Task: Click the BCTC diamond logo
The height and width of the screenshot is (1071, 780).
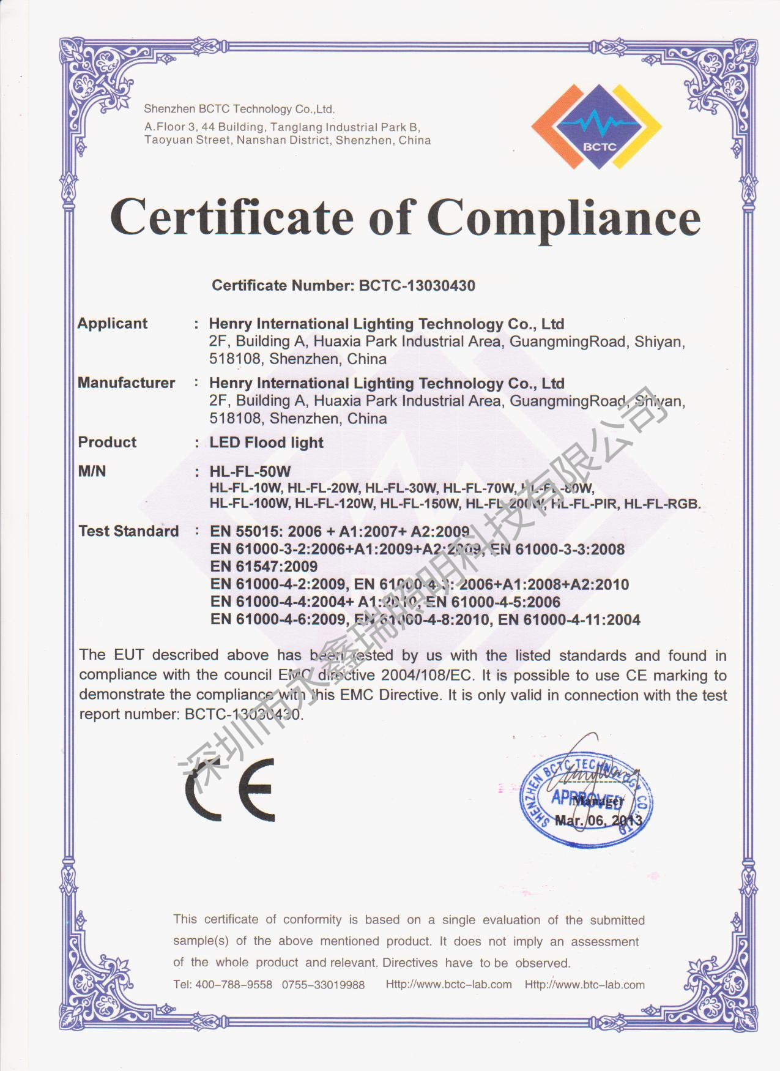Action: click(596, 127)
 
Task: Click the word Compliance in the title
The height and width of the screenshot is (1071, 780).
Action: click(563, 218)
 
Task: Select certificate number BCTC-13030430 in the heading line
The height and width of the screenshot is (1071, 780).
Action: click(417, 286)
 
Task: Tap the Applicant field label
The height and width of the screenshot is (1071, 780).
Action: click(113, 324)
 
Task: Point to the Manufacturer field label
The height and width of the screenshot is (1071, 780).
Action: click(126, 383)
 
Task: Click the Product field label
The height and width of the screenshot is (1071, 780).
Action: click(107, 442)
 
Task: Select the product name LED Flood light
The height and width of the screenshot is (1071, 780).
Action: click(266, 442)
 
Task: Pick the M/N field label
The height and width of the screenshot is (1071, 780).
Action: click(92, 471)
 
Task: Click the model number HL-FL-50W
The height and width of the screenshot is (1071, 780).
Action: click(250, 472)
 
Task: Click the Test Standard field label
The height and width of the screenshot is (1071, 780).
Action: click(128, 531)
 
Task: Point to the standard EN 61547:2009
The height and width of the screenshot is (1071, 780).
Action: click(264, 567)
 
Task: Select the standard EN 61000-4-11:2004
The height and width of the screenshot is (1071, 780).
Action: click(569, 620)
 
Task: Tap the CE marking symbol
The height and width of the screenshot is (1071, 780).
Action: click(230, 789)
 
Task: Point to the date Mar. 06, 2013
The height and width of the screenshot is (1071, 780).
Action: click(598, 821)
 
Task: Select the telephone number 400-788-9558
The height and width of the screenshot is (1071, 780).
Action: click(233, 985)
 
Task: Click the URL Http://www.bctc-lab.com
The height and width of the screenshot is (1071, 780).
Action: click(448, 985)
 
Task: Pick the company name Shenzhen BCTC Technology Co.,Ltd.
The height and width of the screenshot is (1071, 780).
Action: click(239, 110)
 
